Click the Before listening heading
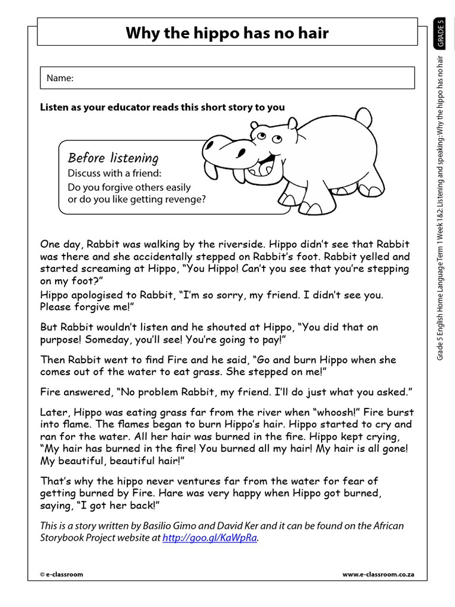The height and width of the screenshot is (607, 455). (113, 158)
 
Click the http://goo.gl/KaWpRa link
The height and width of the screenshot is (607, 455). (210, 538)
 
